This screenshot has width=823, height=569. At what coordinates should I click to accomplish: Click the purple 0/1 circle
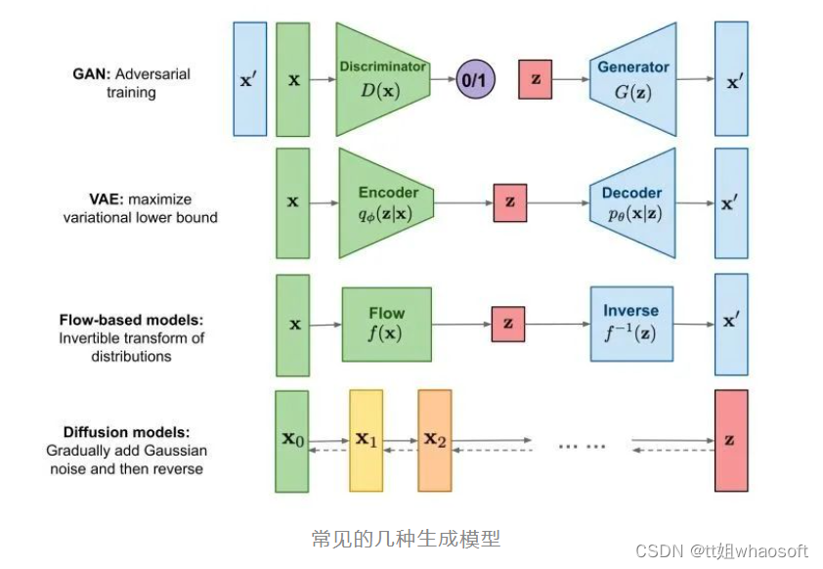(476, 80)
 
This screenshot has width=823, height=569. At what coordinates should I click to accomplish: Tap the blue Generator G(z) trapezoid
(632, 80)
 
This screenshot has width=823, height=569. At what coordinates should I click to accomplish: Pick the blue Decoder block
(632, 203)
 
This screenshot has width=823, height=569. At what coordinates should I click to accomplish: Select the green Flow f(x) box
(386, 324)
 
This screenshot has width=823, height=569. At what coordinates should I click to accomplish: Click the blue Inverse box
(630, 324)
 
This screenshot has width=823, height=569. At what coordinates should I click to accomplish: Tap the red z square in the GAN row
(535, 79)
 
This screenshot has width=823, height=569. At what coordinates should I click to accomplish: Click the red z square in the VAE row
(509, 202)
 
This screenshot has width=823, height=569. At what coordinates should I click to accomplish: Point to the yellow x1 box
(367, 440)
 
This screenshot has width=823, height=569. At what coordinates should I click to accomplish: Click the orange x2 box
(435, 440)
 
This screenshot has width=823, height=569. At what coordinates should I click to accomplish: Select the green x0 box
(292, 440)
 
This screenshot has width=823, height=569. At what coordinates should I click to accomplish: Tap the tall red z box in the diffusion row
(731, 440)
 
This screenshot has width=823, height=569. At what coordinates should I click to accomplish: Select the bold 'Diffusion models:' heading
(126, 432)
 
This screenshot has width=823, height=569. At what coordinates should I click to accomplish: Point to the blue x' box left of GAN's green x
(249, 79)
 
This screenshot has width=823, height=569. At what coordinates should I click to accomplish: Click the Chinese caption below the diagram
(406, 539)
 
